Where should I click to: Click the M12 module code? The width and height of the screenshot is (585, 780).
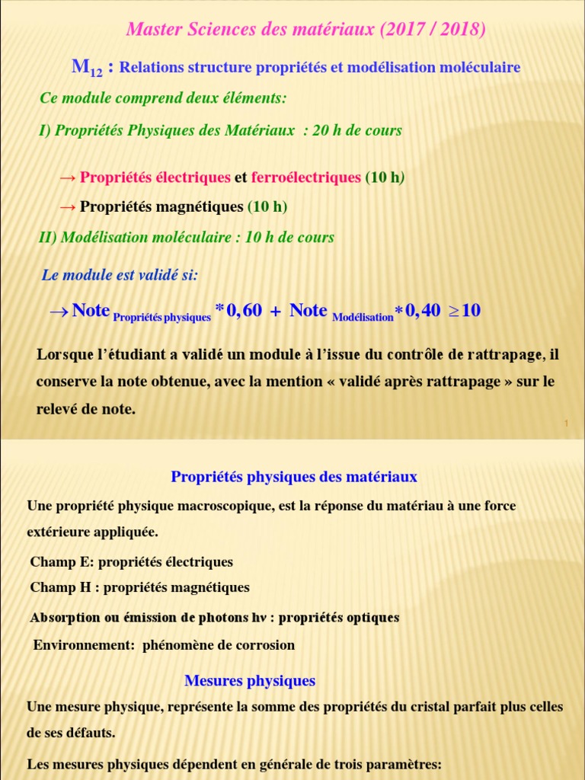(x=86, y=67)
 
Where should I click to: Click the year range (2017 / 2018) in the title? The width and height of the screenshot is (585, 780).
(x=432, y=30)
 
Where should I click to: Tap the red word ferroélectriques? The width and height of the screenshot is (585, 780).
(x=305, y=177)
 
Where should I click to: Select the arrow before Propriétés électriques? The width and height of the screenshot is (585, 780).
(x=67, y=177)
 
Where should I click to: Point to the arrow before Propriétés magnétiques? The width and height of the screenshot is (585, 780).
(x=67, y=206)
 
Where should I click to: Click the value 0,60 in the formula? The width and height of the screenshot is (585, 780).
(x=244, y=310)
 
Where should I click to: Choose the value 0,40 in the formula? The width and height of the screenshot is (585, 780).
(x=423, y=310)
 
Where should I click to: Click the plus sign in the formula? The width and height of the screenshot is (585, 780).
(x=274, y=311)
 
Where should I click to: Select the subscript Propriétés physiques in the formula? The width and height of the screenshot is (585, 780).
(x=161, y=318)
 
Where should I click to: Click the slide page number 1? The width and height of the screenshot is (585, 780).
(x=567, y=424)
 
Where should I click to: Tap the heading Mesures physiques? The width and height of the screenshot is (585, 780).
(x=250, y=680)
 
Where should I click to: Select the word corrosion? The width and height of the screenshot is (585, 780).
(x=266, y=645)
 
